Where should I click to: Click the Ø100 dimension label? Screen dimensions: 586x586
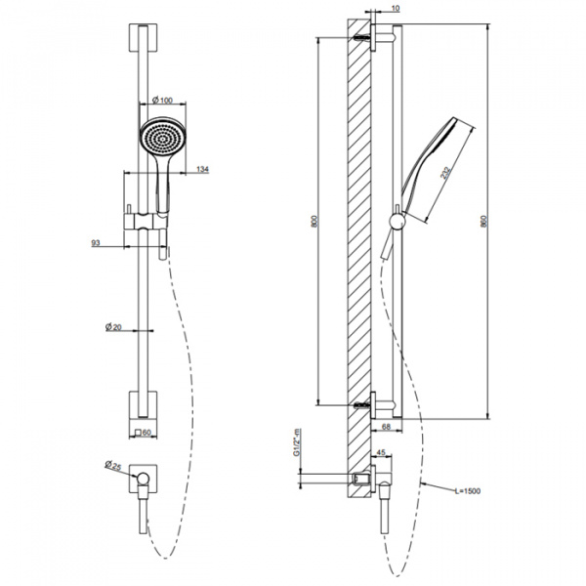pyautogui.click(x=162, y=100)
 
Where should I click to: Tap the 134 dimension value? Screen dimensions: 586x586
pyautogui.click(x=202, y=169)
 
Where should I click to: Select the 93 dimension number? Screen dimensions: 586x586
pyautogui.click(x=96, y=243)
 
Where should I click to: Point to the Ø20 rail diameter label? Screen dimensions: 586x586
pyautogui.click(x=113, y=327)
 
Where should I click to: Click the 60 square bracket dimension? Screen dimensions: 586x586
pyautogui.click(x=143, y=433)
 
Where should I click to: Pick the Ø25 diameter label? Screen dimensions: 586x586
pyautogui.click(x=113, y=465)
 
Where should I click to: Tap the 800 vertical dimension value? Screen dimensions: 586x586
pyautogui.click(x=314, y=221)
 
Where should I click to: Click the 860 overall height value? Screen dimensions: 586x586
pyautogui.click(x=484, y=221)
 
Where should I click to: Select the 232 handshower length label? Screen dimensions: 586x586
pyautogui.click(x=445, y=173)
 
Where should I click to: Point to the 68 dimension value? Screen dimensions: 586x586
pyautogui.click(x=387, y=426)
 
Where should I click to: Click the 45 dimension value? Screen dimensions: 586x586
pyautogui.click(x=381, y=452)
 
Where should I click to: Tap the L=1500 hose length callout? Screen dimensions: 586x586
pyautogui.click(x=468, y=491)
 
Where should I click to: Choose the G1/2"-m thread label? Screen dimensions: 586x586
pyautogui.click(x=297, y=442)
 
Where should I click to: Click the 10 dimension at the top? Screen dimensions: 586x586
pyautogui.click(x=396, y=8)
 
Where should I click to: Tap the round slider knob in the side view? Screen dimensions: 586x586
pyautogui.click(x=397, y=222)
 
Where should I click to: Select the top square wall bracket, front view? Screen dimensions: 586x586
pyautogui.click(x=144, y=38)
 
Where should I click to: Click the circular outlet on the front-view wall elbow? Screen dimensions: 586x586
pyautogui.click(x=144, y=478)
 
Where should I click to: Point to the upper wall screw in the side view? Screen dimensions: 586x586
pyautogui.click(x=361, y=38)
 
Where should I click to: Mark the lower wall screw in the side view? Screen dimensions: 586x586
pyautogui.click(x=361, y=404)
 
